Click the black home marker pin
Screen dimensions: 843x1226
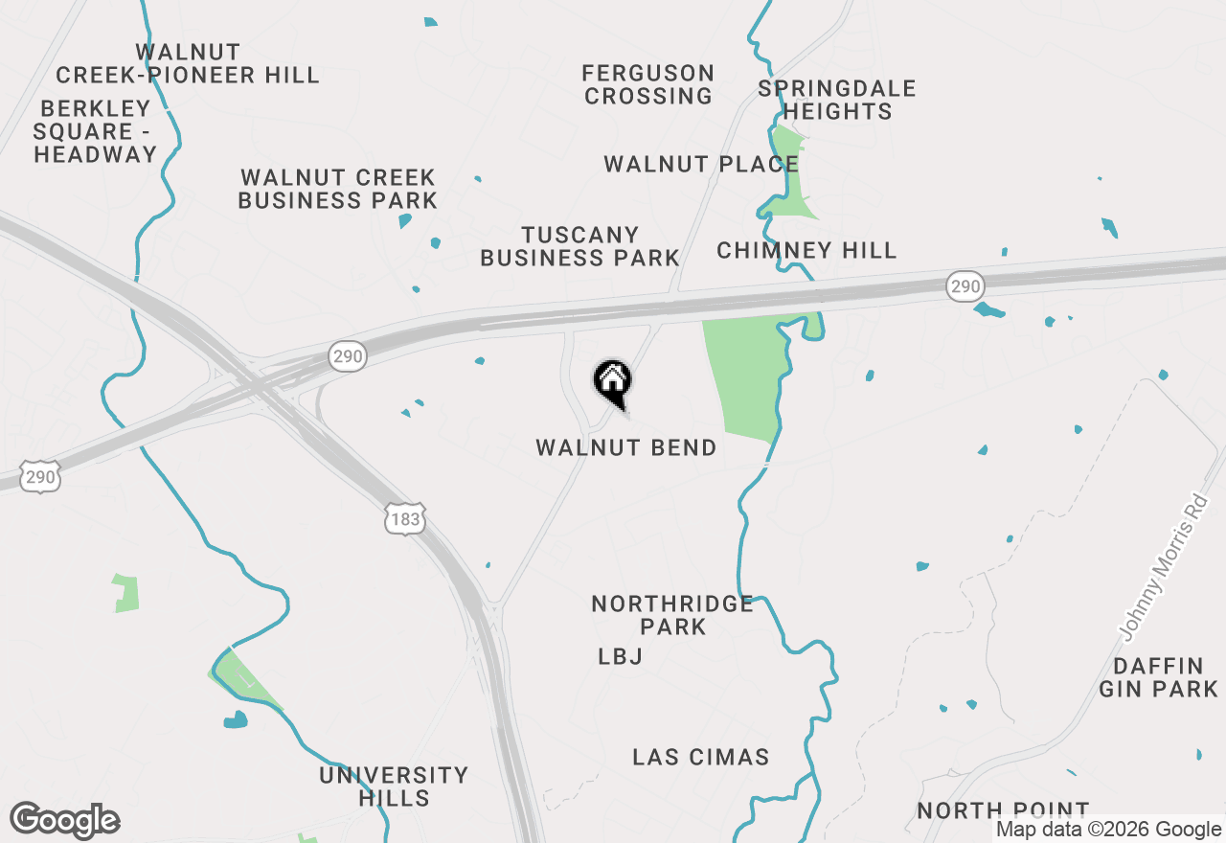(x=613, y=382)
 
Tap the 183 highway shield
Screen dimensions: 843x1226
(x=405, y=519)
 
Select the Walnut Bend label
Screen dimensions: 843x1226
(x=625, y=447)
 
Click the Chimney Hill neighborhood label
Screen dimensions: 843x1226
(x=806, y=251)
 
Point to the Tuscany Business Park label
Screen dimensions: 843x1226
(x=579, y=246)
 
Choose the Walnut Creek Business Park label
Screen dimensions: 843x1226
(x=337, y=189)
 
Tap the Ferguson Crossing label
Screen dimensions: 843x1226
(x=648, y=84)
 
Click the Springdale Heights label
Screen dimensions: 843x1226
(x=836, y=100)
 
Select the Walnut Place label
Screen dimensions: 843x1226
(x=700, y=165)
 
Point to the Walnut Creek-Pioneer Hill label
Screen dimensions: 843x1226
(x=188, y=63)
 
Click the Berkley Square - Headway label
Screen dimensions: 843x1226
(x=95, y=131)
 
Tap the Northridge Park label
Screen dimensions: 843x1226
(x=672, y=615)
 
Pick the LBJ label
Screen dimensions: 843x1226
(x=620, y=657)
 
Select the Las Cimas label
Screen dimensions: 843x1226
(x=700, y=757)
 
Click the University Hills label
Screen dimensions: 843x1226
(x=394, y=786)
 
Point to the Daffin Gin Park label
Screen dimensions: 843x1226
(x=1158, y=677)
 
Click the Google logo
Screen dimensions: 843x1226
(x=65, y=821)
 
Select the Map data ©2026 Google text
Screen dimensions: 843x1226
(x=1108, y=830)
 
